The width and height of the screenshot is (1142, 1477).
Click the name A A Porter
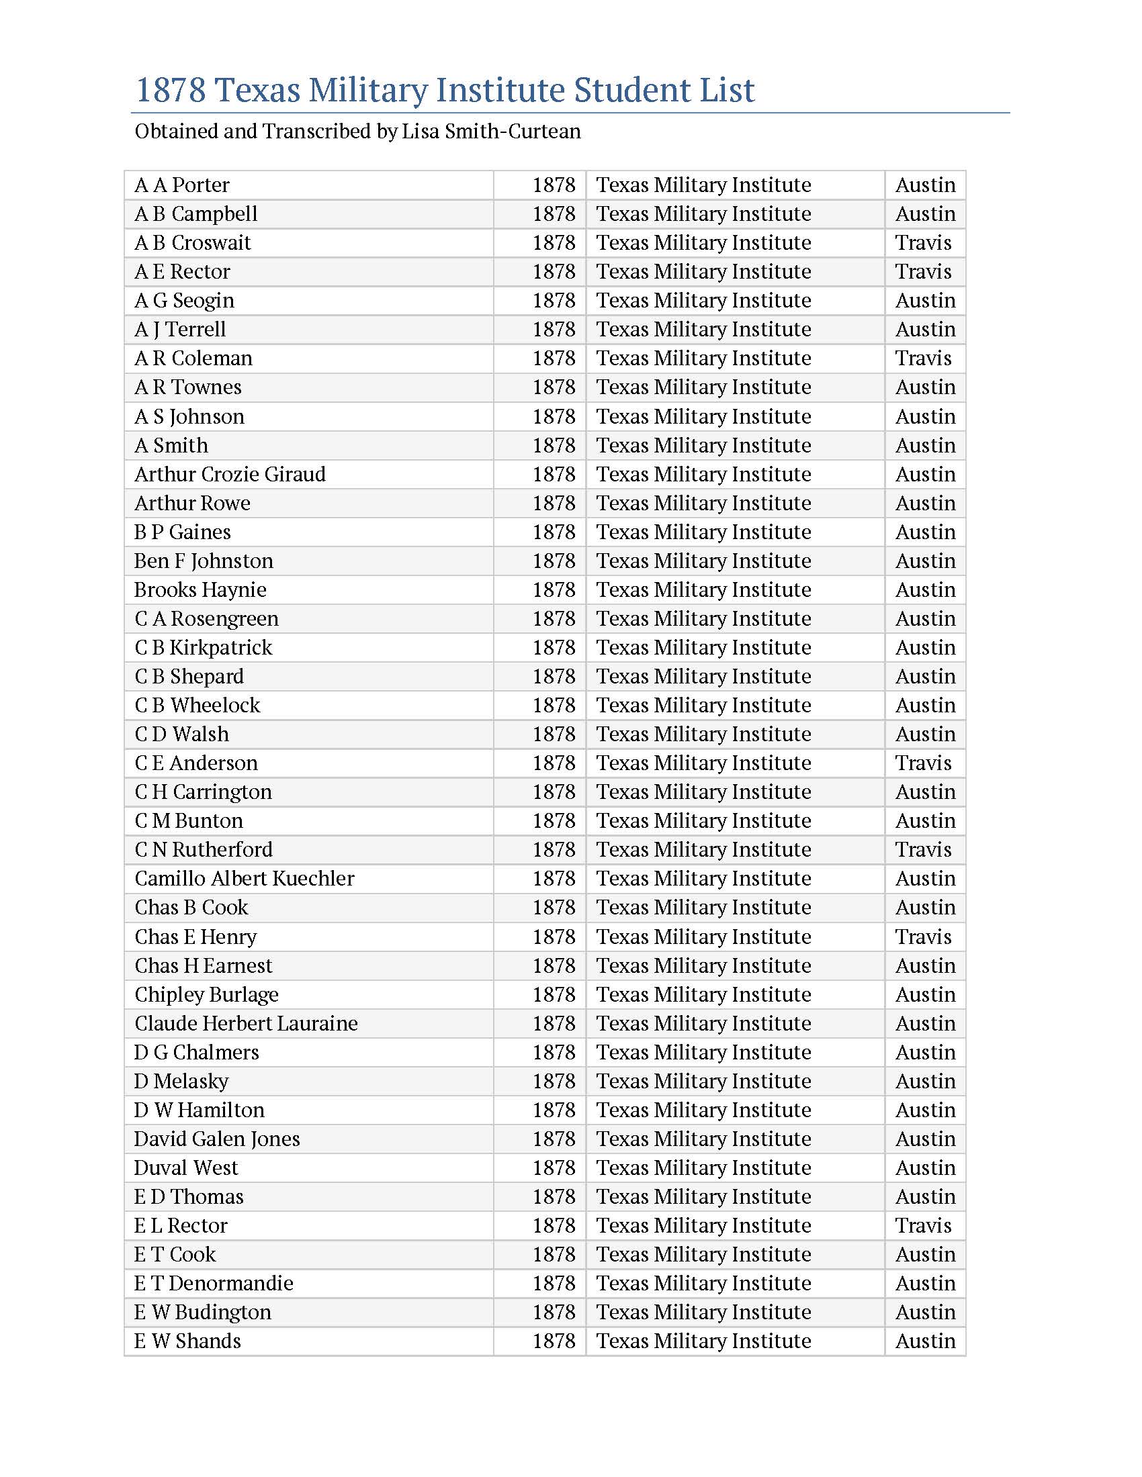(182, 185)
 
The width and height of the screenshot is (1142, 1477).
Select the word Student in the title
(639, 90)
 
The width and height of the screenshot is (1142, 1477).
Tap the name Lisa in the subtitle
(420, 131)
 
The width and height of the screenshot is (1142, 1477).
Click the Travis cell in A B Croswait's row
(924, 242)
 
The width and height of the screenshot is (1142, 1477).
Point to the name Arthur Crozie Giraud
(230, 474)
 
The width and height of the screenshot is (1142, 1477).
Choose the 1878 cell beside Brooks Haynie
(554, 589)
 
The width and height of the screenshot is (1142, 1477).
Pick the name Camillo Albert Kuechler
(245, 879)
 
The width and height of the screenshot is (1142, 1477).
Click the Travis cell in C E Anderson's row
(924, 763)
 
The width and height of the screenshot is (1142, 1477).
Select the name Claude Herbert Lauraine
(247, 1023)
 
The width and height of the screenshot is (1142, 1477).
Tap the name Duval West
(186, 1168)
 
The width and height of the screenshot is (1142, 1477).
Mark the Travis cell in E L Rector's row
(924, 1225)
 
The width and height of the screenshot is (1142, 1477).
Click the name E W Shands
(187, 1341)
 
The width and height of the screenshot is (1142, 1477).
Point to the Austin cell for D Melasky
(926, 1082)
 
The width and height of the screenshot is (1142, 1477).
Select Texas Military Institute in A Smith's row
(703, 445)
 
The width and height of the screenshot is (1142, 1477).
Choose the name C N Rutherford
(204, 849)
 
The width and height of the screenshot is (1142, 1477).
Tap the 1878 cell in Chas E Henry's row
(554, 937)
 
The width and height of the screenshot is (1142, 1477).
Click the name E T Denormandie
(214, 1284)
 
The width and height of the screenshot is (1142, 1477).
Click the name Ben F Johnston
(204, 561)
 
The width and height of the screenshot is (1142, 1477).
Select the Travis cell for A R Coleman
(924, 358)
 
